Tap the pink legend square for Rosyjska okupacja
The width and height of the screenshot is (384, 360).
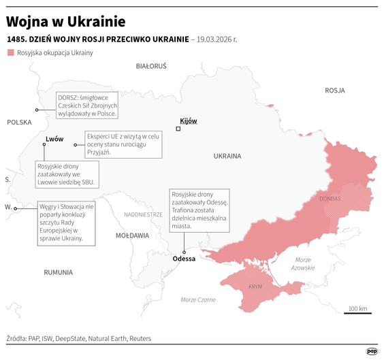(10, 52)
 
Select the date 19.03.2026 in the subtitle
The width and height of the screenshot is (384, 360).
(214, 39)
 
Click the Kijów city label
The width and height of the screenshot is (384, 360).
(188, 120)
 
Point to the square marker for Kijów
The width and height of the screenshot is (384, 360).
(178, 129)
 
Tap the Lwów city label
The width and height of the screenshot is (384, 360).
(54, 139)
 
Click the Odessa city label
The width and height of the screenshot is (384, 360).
(184, 259)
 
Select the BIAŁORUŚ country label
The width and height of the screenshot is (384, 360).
(151, 66)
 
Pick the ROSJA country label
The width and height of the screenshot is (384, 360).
(334, 90)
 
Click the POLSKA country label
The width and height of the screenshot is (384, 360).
(19, 122)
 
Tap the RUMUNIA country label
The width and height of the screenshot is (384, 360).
(58, 272)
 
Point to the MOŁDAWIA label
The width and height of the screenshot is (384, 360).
(132, 235)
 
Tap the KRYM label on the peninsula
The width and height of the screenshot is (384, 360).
(255, 287)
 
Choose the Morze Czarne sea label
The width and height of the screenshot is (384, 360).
(198, 299)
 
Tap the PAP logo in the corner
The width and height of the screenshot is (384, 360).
(372, 350)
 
